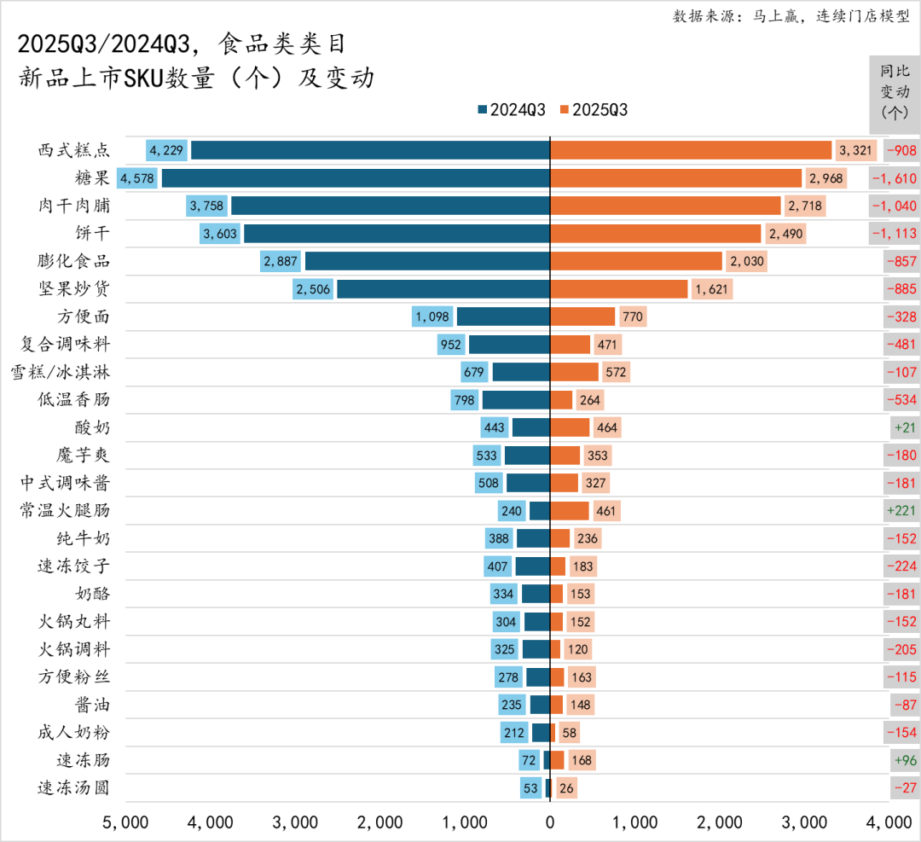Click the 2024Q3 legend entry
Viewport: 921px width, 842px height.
coord(512,110)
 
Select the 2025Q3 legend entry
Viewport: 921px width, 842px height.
coord(594,110)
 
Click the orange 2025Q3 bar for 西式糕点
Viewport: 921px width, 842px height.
coord(691,150)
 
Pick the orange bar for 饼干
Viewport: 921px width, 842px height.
coord(655,234)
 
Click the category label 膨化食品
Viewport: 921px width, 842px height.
coord(74,261)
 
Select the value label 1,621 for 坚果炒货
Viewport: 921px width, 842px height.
coord(712,289)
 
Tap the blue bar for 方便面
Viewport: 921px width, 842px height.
coord(503,316)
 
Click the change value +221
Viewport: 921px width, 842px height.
coord(901,511)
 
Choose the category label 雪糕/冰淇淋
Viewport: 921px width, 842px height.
coord(60,372)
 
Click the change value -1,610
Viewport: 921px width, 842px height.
coord(895,178)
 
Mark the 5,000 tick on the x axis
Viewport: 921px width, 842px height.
coord(126,822)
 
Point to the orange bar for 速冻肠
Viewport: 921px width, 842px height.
coord(557,760)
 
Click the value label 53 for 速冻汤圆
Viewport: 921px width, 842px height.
coord(530,788)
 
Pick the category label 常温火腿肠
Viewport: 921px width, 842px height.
coord(65,511)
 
